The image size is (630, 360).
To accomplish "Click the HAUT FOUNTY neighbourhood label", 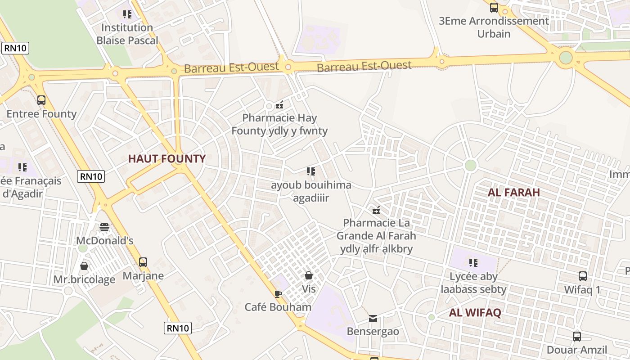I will click(x=166, y=158).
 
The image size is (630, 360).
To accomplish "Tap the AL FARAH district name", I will click(x=513, y=192).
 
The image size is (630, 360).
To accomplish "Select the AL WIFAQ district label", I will click(x=475, y=313).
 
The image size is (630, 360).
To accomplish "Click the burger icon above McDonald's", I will click(x=104, y=227).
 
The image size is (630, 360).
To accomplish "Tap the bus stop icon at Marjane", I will click(x=143, y=262).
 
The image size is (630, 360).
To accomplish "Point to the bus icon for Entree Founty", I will click(x=41, y=100).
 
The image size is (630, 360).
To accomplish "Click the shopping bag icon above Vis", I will click(x=309, y=275).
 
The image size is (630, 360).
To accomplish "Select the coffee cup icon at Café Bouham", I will click(x=278, y=294).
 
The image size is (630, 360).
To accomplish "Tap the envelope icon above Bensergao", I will click(x=373, y=319).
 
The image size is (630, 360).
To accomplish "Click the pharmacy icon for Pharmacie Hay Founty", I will click(x=279, y=105).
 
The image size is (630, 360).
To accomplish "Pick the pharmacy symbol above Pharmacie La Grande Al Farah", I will click(x=376, y=210).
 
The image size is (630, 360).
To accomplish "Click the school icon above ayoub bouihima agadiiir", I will click(x=311, y=171).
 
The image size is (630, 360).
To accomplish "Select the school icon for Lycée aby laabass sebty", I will click(x=473, y=262).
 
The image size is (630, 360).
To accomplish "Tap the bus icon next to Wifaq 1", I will click(x=582, y=276).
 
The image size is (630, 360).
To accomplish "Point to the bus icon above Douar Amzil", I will click(x=577, y=336).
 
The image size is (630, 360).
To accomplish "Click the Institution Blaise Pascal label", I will click(x=127, y=34).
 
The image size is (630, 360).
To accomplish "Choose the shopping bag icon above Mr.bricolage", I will click(x=84, y=266).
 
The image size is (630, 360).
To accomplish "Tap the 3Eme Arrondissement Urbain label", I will click(x=494, y=27).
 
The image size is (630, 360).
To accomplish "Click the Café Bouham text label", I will click(x=278, y=307).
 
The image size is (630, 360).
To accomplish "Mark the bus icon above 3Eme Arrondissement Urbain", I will click(x=494, y=7).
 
